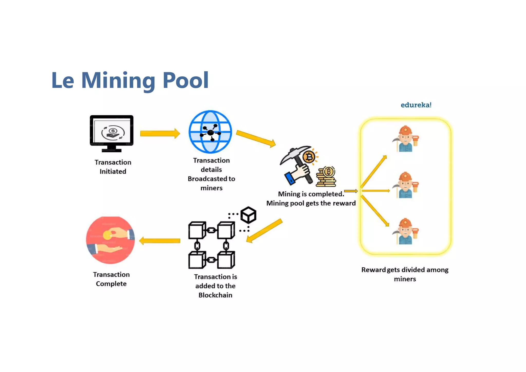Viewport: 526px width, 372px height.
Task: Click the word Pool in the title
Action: (185, 80)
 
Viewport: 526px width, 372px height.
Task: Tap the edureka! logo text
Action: (416, 105)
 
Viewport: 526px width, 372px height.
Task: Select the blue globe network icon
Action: (210, 132)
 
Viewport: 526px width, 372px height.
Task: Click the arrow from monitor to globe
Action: (160, 134)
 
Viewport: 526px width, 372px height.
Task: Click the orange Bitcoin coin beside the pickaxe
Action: (309, 157)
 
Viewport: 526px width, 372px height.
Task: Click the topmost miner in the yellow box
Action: (406, 139)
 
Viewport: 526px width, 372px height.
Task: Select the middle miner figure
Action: (406, 185)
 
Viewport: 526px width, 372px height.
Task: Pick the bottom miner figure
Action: (406, 231)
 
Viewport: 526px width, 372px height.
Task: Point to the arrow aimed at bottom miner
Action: (375, 211)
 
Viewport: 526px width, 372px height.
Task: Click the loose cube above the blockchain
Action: (248, 215)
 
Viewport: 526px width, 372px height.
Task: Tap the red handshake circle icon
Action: (110, 240)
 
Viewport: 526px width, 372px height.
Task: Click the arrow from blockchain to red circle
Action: (160, 241)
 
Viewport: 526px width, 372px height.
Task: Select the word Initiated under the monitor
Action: (113, 172)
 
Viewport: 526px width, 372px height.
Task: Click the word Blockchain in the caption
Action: (215, 295)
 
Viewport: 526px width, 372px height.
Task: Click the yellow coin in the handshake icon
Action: (107, 235)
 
